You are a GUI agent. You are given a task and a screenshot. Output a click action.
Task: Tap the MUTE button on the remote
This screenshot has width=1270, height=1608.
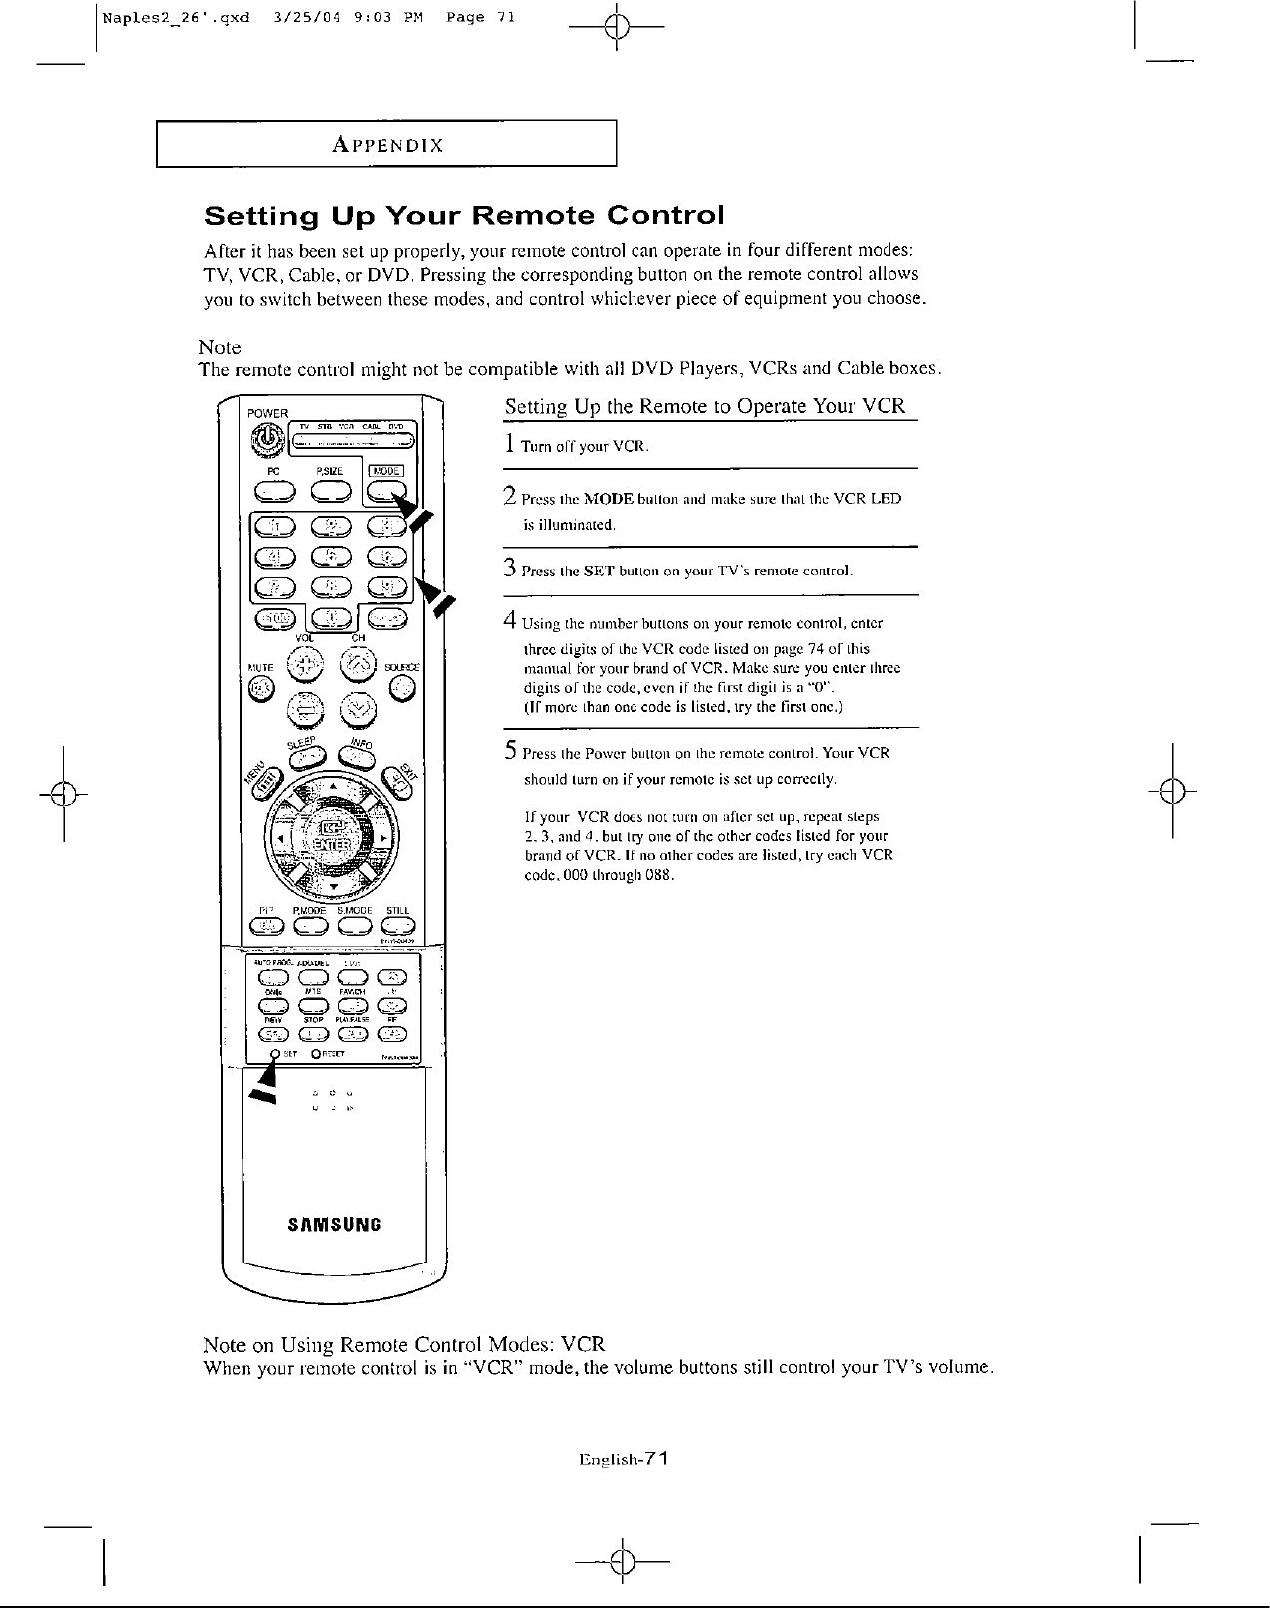pyautogui.click(x=260, y=688)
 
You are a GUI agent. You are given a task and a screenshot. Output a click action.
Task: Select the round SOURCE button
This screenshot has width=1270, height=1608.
pyautogui.click(x=402, y=687)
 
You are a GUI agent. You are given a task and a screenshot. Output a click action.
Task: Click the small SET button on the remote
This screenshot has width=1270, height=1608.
pyautogui.click(x=274, y=1055)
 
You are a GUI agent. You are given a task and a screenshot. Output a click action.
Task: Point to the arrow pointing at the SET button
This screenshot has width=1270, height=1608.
pyautogui.click(x=264, y=1084)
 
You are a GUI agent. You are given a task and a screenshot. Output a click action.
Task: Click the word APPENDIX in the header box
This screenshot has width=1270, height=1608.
pyautogui.click(x=387, y=145)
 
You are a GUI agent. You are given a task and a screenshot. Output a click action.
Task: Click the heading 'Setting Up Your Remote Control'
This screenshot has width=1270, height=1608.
pyautogui.click(x=463, y=216)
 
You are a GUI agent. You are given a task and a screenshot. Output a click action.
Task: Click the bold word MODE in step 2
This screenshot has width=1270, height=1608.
pyautogui.click(x=610, y=499)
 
